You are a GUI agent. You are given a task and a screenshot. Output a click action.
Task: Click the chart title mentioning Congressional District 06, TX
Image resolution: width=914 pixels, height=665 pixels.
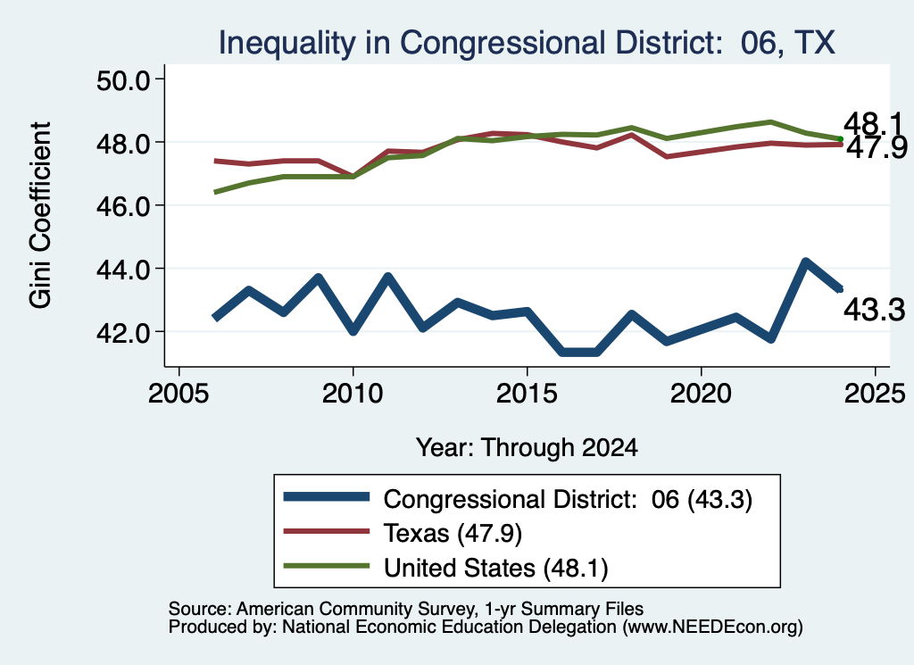pos(527,43)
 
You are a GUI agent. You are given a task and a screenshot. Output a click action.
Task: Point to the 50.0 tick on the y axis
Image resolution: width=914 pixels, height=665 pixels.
pos(123,79)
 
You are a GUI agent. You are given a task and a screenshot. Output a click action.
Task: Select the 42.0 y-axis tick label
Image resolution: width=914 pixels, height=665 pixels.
pos(123,332)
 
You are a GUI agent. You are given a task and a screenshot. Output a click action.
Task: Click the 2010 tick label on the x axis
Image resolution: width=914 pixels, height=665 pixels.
pos(352,394)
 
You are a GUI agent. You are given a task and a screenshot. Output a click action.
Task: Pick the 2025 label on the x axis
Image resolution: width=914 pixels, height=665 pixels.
pos(875,394)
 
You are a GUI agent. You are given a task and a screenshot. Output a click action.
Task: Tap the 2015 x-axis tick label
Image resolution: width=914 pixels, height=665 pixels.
pos(527,394)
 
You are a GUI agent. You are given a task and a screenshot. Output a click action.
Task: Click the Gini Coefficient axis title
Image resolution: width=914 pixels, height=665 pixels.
pos(40,215)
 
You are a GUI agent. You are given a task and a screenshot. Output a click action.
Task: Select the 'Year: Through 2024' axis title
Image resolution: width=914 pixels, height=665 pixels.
pos(527,447)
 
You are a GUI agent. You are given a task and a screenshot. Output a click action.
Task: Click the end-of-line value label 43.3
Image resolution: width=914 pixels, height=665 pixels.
pos(875,310)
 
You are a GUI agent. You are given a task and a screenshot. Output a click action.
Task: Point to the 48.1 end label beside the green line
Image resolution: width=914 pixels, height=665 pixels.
pos(873,123)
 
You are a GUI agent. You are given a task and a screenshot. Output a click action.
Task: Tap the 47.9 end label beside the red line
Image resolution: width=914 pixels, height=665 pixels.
pos(877,147)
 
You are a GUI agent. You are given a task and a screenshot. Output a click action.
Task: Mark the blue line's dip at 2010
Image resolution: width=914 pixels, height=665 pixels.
pos(353,331)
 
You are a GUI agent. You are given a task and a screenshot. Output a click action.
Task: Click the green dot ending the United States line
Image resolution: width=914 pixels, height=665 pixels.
pos(841,138)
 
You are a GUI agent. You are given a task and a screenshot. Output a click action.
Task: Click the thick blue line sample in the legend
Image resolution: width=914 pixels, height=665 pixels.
pos(327,497)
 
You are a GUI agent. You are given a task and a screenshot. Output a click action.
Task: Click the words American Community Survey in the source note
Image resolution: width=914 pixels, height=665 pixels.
pos(355,609)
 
